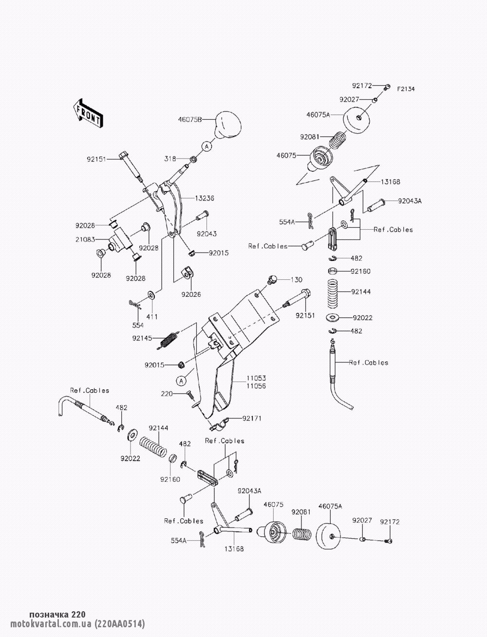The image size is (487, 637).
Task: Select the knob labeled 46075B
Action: pos(228,125)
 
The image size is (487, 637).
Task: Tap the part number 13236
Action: pos(205,198)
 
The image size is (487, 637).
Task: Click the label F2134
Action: pos(406,89)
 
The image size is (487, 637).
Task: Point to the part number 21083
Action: pos(85,239)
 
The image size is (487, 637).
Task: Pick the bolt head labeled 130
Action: pos(272,279)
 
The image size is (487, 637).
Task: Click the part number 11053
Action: pos(257,378)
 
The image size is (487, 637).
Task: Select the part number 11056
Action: pos(257,386)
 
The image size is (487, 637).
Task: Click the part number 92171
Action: pos(252,418)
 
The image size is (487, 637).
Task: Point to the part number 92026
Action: pos(191,294)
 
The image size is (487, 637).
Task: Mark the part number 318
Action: pos(170,159)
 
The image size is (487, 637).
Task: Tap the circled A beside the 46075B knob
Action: pos(207,146)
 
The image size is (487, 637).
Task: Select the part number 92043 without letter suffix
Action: pos(206,234)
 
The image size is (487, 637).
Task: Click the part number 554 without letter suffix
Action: pos(138,325)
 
